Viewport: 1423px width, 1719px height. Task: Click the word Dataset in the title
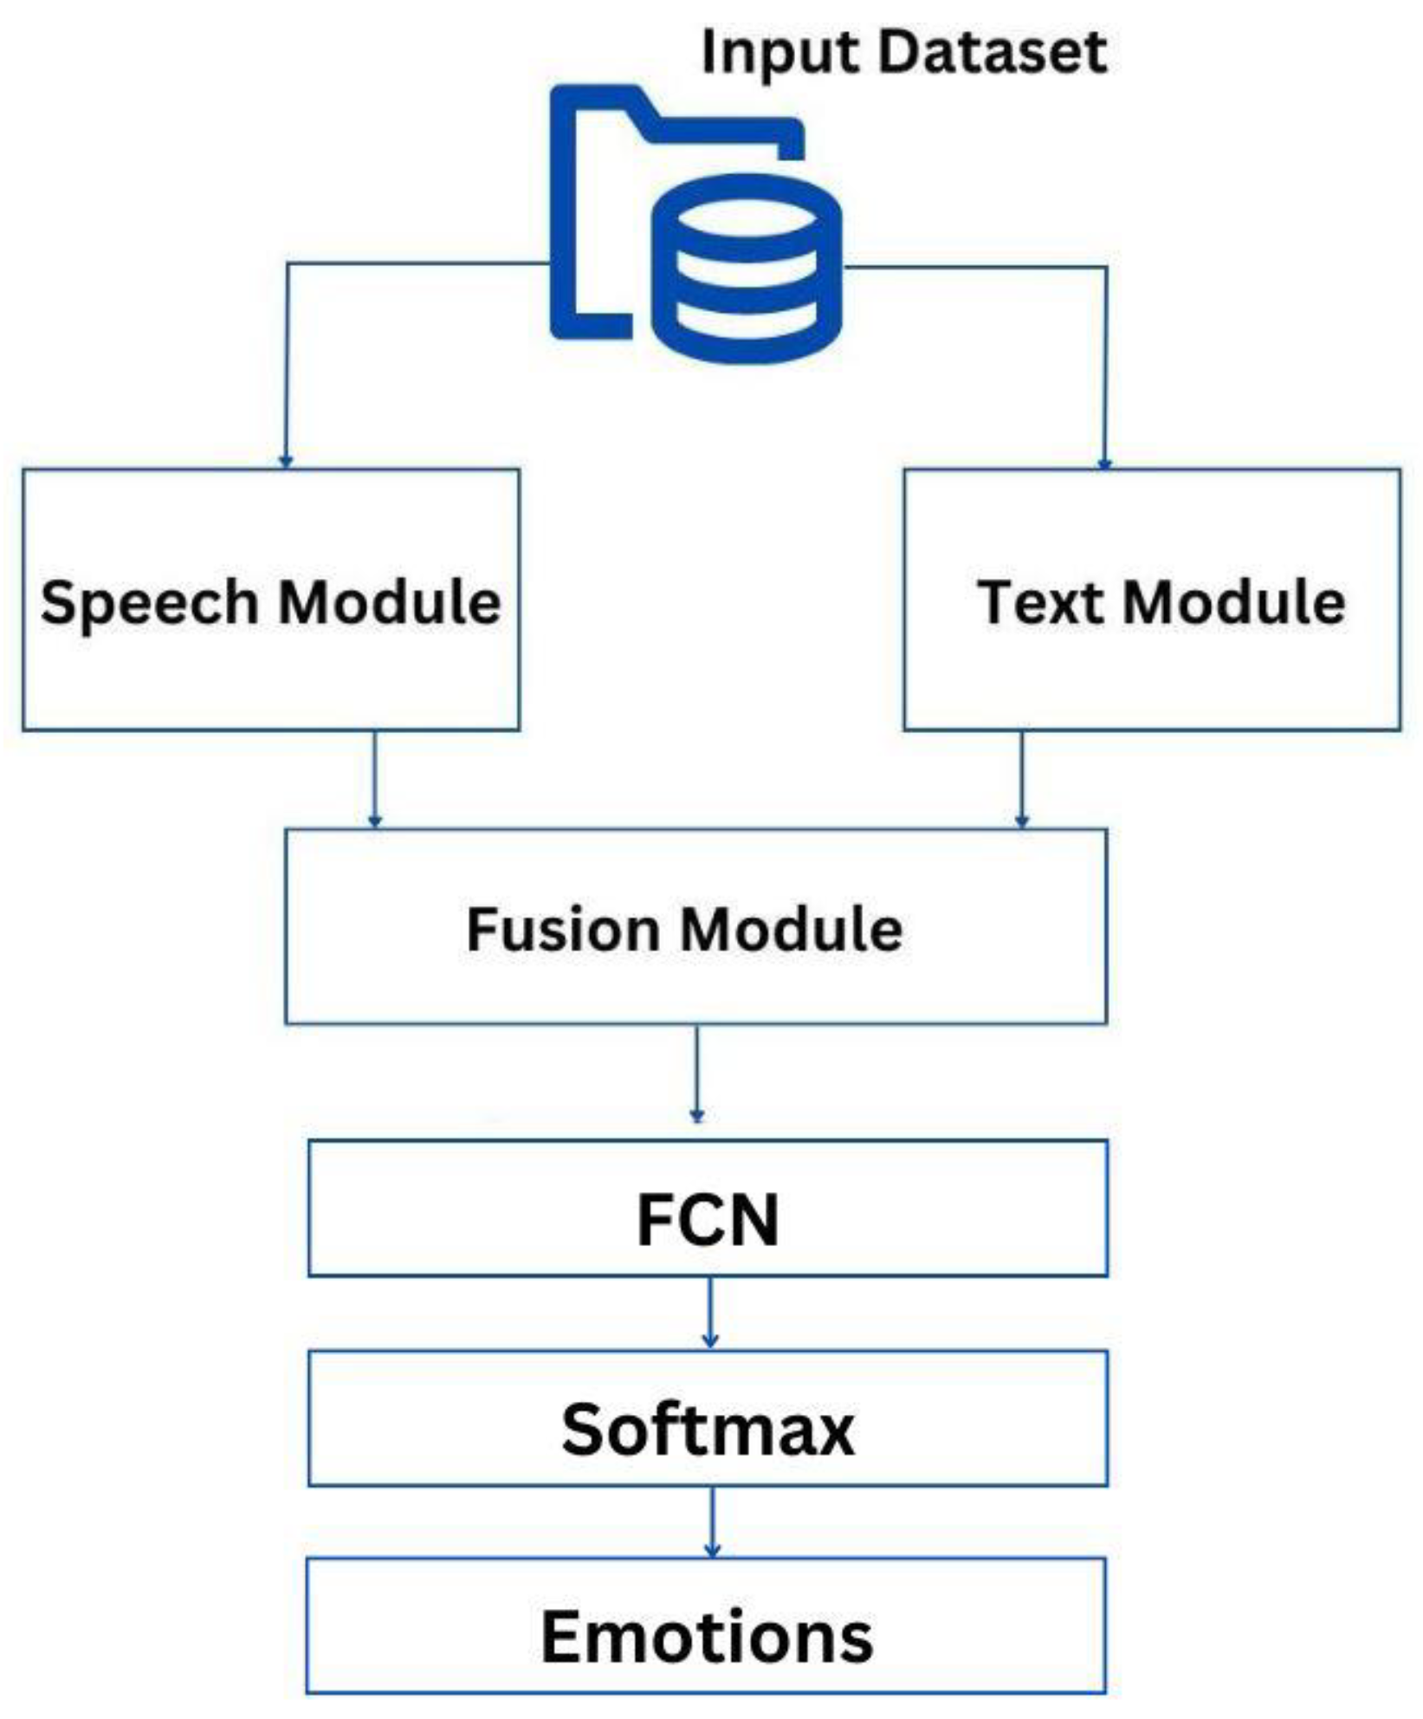pos(993,52)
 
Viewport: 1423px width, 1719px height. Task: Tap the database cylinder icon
pos(747,268)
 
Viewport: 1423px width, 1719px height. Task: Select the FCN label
pos(708,1220)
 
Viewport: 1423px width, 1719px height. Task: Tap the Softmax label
pos(708,1430)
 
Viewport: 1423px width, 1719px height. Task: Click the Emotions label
pos(708,1638)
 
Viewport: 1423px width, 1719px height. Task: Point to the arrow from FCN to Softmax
pos(710,1313)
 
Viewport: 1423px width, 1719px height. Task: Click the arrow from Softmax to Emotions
pos(712,1522)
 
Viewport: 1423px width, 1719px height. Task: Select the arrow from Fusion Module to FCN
pos(697,1074)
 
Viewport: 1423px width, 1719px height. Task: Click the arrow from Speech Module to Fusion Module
pos(375,779)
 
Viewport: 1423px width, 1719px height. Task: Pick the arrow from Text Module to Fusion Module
pos(1022,779)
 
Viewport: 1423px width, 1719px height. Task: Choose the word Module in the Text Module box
pos(1234,602)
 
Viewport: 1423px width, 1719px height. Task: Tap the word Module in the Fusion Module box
pos(792,930)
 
